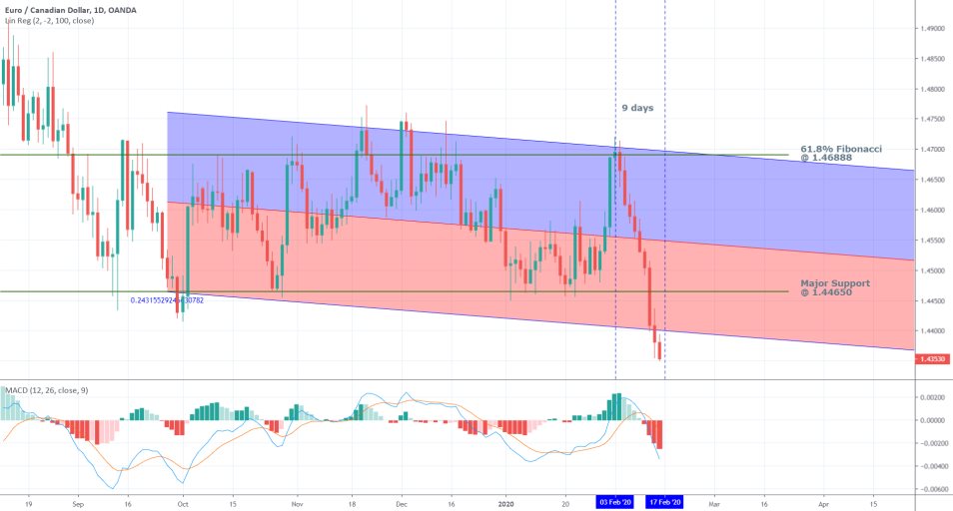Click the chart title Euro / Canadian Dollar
coord(53,9)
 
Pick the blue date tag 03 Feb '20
coord(615,502)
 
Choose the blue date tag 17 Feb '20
coord(664,502)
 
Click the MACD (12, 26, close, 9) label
coord(45,389)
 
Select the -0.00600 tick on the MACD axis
coord(931,489)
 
